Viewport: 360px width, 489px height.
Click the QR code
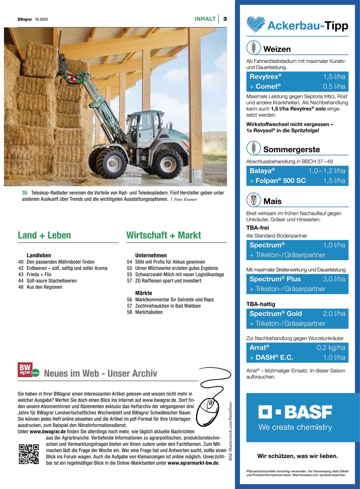pos(29,454)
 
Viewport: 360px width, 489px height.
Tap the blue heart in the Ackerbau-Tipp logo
pos(256,24)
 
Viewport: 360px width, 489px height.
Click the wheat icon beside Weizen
pos(253,48)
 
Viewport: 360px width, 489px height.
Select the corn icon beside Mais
pos(253,200)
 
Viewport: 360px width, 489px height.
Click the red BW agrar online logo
pos(28,370)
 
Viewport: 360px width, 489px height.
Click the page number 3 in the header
pos(225,19)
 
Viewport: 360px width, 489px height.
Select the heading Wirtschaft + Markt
pos(164,235)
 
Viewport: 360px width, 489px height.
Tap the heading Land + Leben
pos(44,235)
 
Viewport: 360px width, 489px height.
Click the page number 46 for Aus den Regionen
pos(21,287)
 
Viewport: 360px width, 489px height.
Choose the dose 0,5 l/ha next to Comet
pos(334,86)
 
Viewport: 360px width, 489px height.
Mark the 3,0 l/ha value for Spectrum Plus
pos(334,279)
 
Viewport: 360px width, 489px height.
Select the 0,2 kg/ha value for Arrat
pos(331,347)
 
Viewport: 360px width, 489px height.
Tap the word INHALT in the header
pos(205,19)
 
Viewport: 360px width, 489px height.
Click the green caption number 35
pos(24,193)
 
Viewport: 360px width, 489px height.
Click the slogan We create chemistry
pos(295,427)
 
